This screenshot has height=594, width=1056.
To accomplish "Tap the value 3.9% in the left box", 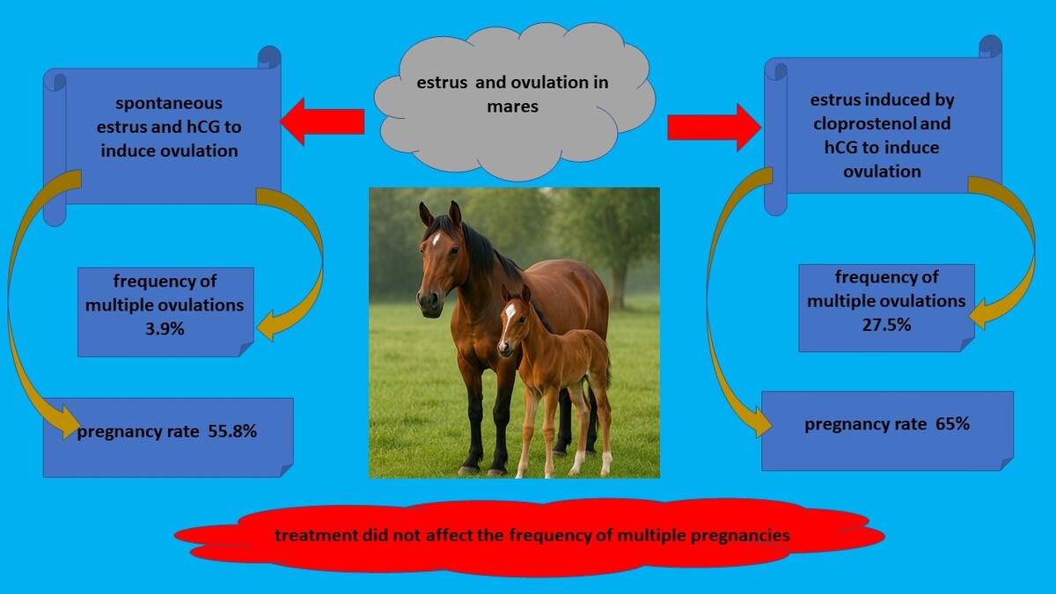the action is pos(165,329).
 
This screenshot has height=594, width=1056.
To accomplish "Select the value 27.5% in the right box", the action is pos(886,325).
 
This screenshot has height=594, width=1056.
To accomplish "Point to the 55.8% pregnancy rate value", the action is pos(232,431).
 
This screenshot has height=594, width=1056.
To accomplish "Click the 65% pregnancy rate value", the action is pos(952,424).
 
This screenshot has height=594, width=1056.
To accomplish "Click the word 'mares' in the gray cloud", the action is pos(512,106).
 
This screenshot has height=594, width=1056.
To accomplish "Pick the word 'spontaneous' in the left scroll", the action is pos(169,103).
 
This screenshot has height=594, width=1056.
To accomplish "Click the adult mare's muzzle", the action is pos(430,303).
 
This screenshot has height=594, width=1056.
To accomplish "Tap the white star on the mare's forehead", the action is pos(436,238).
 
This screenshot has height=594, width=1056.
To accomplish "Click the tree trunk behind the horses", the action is pos(618,282).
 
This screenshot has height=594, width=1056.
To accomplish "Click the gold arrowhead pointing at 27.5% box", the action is pos(980,313).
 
